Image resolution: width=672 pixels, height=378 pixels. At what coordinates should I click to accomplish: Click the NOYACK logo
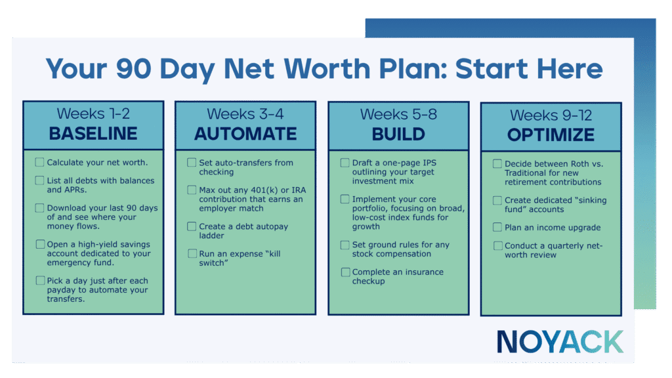(560, 342)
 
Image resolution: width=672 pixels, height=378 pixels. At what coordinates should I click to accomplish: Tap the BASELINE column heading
(93, 134)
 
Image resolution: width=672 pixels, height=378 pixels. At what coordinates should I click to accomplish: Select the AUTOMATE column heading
(245, 134)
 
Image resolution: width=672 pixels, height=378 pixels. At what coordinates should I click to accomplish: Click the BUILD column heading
(398, 134)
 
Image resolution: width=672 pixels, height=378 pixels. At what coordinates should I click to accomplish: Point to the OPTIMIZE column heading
(551, 135)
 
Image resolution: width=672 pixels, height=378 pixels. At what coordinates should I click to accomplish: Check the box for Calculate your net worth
(40, 162)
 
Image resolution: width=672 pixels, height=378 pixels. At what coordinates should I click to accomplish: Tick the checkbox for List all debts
(40, 180)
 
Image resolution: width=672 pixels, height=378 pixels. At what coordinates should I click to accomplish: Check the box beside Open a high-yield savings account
(40, 244)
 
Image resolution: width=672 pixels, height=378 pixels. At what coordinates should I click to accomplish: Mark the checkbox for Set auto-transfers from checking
(192, 162)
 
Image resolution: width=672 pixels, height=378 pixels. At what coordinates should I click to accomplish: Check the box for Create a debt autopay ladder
(192, 226)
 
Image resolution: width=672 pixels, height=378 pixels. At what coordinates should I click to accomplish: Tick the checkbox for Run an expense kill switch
(192, 253)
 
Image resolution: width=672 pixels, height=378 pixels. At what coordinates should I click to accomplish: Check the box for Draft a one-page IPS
(345, 162)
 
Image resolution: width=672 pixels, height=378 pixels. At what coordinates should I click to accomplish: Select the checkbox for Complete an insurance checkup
(345, 272)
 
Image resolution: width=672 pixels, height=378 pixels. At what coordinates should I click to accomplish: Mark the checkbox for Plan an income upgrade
(498, 227)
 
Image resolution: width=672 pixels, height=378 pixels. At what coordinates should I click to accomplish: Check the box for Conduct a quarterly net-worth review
(498, 246)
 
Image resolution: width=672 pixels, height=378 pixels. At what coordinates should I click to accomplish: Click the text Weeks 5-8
(398, 114)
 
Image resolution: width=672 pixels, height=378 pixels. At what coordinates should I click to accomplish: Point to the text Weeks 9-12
(551, 115)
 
